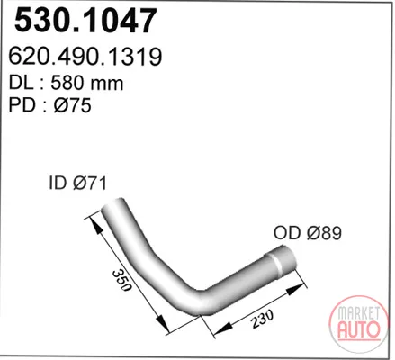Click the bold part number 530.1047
(x=85, y=21)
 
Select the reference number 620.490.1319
(x=85, y=57)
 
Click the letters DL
(x=21, y=83)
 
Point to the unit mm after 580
(x=106, y=85)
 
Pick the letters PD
(x=22, y=105)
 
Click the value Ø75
(x=72, y=105)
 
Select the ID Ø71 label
(x=77, y=183)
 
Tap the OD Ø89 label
(x=308, y=233)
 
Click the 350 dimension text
(x=122, y=281)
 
